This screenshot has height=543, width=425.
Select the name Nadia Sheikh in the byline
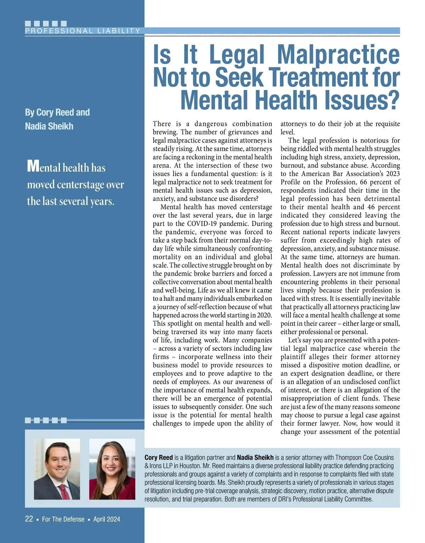pyautogui.click(x=49, y=126)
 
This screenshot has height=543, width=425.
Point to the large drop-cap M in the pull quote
pyautogui.click(x=33, y=166)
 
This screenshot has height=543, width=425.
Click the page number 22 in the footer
pyautogui.click(x=29, y=519)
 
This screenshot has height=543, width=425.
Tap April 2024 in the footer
pyautogui.click(x=107, y=519)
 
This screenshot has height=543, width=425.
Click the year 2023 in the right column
pyautogui.click(x=392, y=174)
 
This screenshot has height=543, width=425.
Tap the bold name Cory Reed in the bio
pyautogui.click(x=159, y=457)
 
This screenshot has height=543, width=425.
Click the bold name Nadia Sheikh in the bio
pyautogui.click(x=255, y=457)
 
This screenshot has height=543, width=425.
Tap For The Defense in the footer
pyautogui.click(x=63, y=519)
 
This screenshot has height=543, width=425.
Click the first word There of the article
pyautogui.click(x=161, y=124)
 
